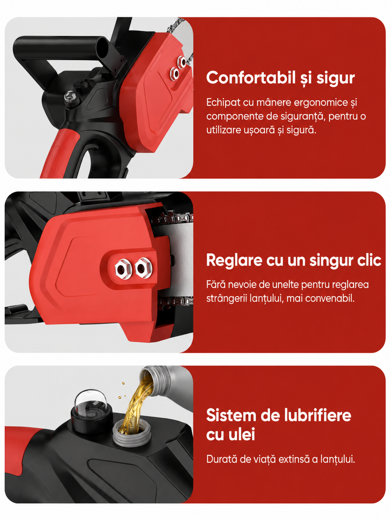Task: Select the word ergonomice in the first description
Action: [x=321, y=103]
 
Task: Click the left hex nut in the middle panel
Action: [x=123, y=269]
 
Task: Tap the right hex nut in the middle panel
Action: [x=143, y=268]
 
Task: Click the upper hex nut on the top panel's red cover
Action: [x=182, y=62]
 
